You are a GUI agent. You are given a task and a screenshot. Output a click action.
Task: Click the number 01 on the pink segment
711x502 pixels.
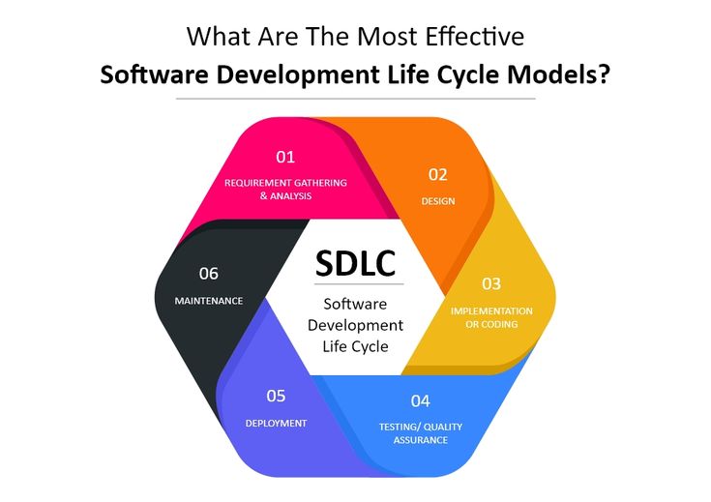click(x=285, y=157)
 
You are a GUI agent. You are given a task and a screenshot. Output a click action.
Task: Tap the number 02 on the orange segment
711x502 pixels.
click(x=437, y=175)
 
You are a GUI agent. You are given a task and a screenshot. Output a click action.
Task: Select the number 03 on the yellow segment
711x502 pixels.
click(x=491, y=283)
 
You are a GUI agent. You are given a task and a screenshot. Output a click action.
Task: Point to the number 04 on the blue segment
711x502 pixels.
click(x=421, y=400)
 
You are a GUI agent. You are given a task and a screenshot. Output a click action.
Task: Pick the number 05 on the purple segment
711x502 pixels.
click(x=276, y=396)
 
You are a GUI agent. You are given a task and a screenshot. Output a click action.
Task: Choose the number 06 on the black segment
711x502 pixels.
click(x=209, y=274)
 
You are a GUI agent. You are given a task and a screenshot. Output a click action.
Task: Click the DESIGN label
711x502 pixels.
click(x=438, y=201)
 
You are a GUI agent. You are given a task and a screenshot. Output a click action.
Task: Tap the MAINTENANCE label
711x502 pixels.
click(x=209, y=301)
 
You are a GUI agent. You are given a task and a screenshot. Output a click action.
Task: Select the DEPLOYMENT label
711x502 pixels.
click(x=276, y=423)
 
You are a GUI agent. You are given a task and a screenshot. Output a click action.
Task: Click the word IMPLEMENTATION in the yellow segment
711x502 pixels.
click(x=491, y=311)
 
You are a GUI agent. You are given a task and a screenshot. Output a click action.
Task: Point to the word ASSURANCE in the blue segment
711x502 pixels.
click(x=421, y=440)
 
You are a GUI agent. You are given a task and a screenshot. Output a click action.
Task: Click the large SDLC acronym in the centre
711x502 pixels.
click(x=355, y=263)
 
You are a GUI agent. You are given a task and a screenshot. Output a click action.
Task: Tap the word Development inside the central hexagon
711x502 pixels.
click(x=356, y=325)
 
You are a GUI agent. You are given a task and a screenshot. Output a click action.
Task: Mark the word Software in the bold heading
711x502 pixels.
click(x=154, y=74)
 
